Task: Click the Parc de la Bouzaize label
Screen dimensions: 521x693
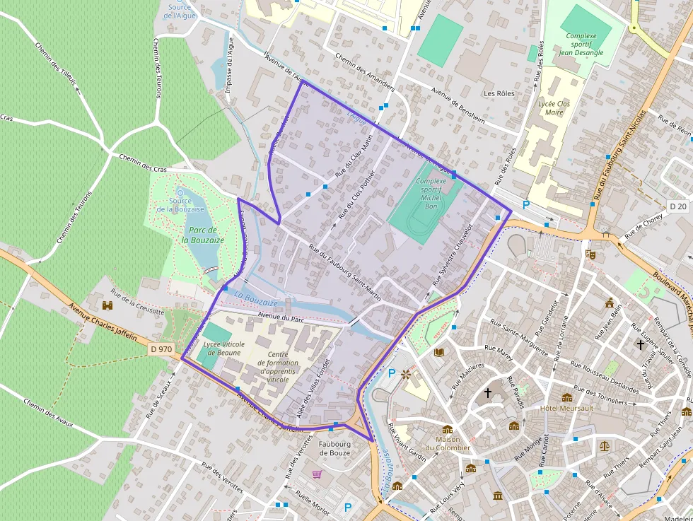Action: coord(204,235)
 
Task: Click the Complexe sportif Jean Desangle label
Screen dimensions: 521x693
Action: coord(581,44)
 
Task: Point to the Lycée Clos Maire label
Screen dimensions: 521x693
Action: coord(554,107)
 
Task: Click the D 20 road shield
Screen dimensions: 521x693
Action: coord(677,206)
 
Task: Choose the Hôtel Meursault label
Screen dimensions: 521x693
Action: coord(566,409)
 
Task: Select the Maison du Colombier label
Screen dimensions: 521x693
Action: coord(453,443)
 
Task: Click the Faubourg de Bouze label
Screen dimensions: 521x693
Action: coord(334,448)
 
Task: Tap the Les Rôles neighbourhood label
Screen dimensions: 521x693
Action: coord(499,93)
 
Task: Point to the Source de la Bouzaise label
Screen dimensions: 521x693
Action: coord(180,205)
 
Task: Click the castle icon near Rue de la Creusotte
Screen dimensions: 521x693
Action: coord(107,305)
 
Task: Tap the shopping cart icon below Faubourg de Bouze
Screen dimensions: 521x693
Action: coord(318,474)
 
